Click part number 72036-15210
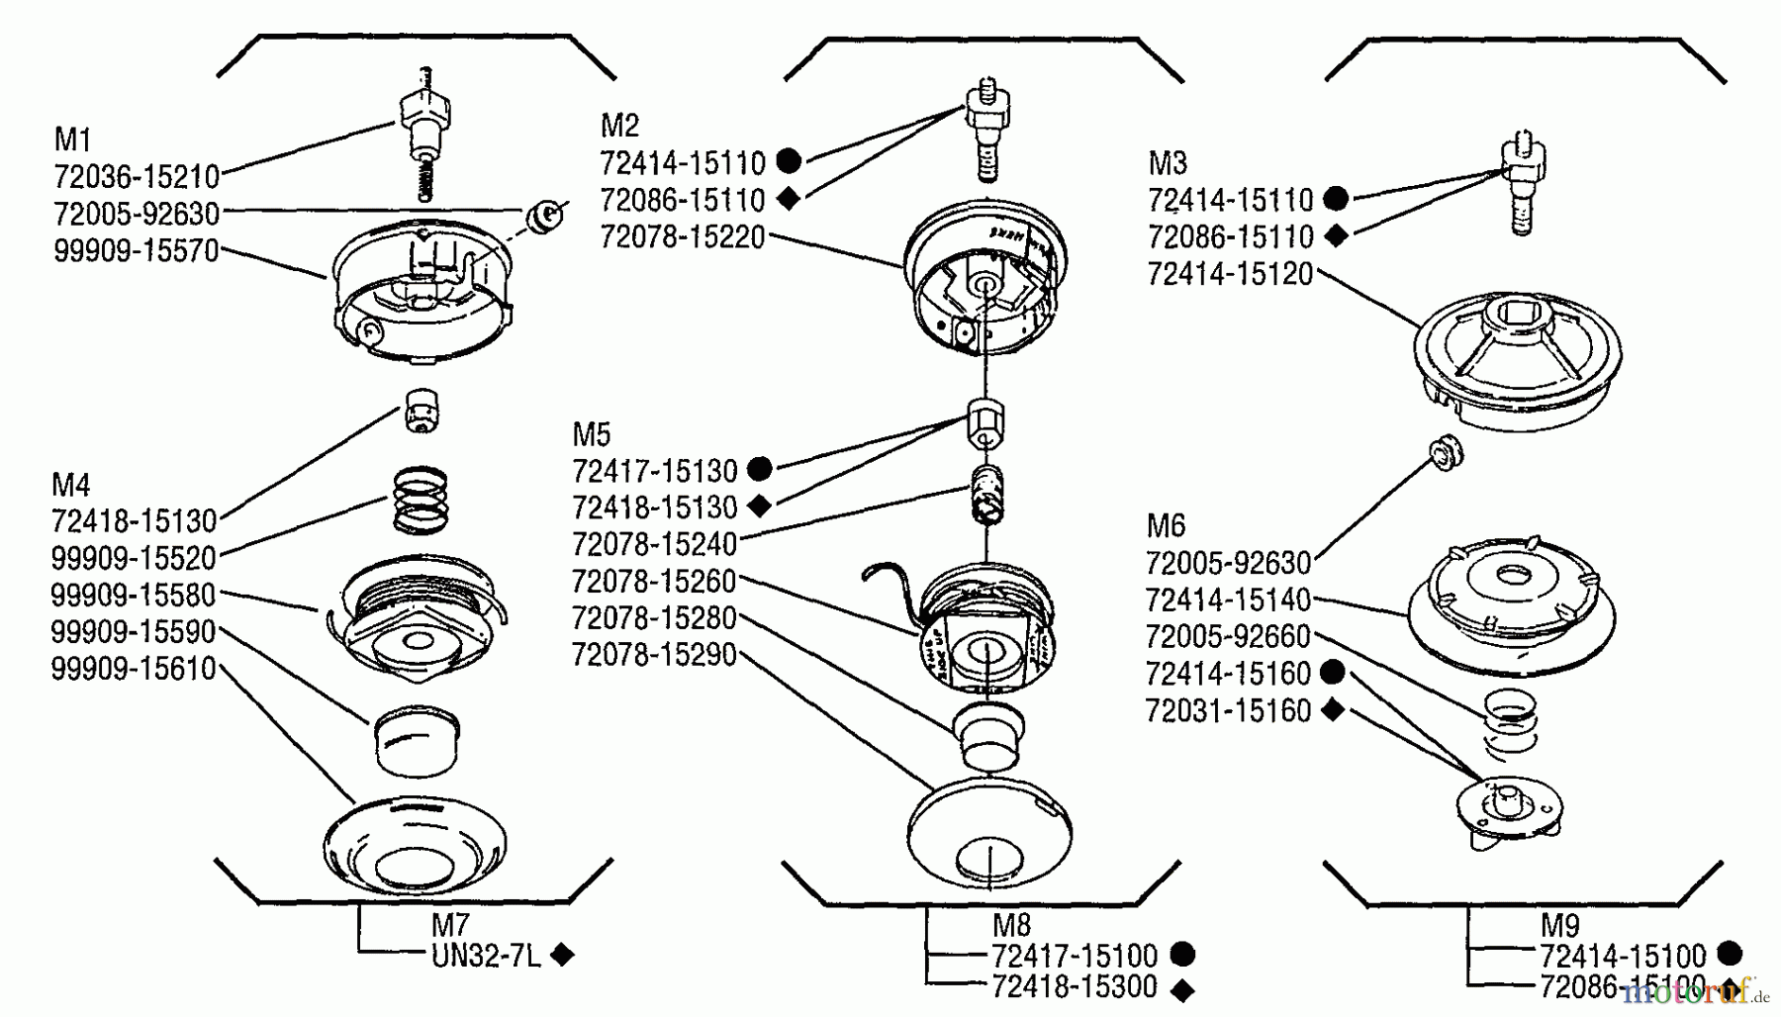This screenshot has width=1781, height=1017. [137, 177]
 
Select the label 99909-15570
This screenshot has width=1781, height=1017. [137, 250]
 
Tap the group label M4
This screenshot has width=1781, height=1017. [71, 485]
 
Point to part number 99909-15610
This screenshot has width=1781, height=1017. [134, 669]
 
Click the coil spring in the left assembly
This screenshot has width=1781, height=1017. [422, 499]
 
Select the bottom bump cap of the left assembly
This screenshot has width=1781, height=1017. [415, 846]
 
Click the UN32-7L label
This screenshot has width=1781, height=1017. [486, 956]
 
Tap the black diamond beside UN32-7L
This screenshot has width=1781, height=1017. [562, 955]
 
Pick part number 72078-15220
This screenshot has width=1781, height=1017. [683, 237]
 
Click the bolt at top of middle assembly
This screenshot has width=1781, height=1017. [986, 129]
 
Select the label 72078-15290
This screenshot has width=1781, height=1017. [654, 655]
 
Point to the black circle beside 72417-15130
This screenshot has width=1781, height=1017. [759, 468]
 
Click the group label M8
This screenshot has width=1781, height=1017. [1011, 925]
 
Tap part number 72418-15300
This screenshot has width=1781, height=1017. [1075, 987]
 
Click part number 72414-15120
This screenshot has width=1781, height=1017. [1230, 274]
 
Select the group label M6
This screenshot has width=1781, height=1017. [1166, 525]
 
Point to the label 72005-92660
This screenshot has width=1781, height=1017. [1228, 636]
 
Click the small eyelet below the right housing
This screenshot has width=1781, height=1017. [1447, 452]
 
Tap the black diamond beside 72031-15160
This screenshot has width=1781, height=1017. [1333, 710]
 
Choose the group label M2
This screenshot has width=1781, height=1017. [620, 126]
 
